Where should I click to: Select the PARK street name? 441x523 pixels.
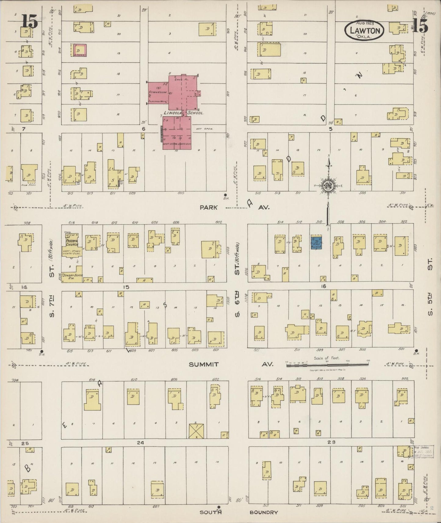tap(209, 207)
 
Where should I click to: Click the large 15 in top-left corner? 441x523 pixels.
tap(30, 22)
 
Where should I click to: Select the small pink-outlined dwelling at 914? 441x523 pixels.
tap(79, 50)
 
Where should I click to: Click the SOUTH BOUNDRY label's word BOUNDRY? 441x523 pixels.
tap(264, 512)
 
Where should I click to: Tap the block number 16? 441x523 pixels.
tap(324, 286)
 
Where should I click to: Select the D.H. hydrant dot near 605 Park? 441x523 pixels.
tap(225, 195)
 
